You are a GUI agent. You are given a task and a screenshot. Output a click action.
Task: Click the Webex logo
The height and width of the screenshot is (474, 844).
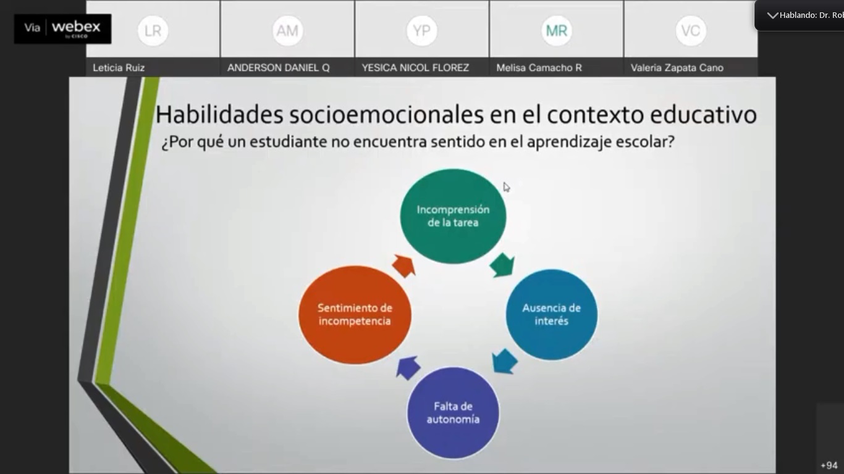click(62, 28)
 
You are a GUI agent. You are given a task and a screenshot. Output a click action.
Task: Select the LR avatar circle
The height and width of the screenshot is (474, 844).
click(153, 30)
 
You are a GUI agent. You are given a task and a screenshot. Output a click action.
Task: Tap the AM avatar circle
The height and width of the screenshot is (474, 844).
click(287, 30)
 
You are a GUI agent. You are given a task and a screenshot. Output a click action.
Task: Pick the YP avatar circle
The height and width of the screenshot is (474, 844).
click(421, 30)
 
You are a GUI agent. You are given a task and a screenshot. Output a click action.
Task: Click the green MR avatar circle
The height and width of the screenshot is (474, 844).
click(557, 30)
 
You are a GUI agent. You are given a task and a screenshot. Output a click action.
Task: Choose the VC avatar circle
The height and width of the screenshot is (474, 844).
click(691, 30)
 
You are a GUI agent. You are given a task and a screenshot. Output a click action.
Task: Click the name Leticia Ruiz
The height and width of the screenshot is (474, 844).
click(119, 68)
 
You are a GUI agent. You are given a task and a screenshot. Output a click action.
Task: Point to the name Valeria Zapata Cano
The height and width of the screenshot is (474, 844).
click(677, 68)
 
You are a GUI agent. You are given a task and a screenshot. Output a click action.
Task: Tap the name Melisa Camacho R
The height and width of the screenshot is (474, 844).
click(539, 68)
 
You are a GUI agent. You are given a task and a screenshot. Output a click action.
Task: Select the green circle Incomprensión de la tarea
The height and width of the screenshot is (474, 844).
click(453, 216)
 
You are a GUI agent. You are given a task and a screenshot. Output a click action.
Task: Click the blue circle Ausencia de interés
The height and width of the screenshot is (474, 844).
click(551, 314)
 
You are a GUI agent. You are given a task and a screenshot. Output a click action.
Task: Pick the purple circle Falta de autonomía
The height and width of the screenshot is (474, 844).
click(453, 413)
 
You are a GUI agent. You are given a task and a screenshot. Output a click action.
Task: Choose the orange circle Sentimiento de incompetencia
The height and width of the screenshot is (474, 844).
click(355, 315)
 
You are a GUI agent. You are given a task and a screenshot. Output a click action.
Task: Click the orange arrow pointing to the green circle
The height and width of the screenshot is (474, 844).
click(404, 265)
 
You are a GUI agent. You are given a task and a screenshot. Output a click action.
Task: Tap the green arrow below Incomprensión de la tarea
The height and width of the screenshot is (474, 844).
click(502, 265)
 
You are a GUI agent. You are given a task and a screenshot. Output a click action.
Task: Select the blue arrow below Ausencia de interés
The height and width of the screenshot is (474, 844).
click(504, 362)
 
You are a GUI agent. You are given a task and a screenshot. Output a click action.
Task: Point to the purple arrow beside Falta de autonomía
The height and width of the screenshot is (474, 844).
click(408, 367)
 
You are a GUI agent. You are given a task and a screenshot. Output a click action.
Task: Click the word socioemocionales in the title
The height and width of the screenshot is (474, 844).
click(386, 114)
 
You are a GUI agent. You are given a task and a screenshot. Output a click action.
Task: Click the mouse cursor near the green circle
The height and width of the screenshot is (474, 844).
click(507, 187)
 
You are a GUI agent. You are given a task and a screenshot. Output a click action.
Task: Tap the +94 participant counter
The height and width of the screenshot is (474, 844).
click(829, 465)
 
